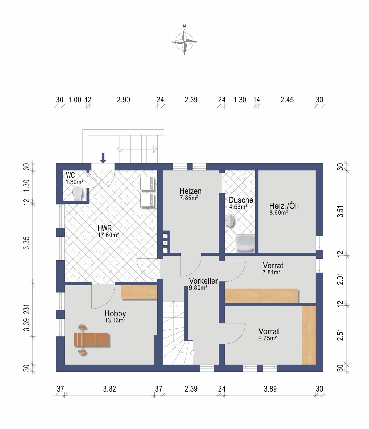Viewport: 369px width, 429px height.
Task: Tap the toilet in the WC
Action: (x=78, y=193)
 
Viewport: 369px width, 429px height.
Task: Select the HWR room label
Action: (x=105, y=228)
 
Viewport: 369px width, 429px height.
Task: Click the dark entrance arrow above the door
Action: (x=103, y=158)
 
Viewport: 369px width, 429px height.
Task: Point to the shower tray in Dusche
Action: (x=245, y=243)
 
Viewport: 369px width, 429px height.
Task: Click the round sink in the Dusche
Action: (x=230, y=221)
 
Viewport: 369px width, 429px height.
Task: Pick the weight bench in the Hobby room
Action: (x=91, y=339)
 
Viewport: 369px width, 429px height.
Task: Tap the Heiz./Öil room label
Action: (x=284, y=206)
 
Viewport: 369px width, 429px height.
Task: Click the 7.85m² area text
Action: (x=189, y=198)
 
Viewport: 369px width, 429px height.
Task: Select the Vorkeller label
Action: (x=203, y=281)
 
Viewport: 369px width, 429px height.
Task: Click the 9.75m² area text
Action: (x=268, y=338)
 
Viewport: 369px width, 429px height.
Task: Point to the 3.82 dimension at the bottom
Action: (x=110, y=389)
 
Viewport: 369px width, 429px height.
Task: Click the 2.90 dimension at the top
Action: (x=123, y=100)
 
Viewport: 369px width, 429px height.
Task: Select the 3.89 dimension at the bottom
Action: (x=270, y=389)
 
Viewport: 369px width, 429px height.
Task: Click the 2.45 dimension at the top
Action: (x=287, y=100)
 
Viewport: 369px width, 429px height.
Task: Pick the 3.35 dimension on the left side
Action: (x=26, y=243)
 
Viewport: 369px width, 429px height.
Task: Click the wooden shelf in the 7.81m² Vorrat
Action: (x=261, y=296)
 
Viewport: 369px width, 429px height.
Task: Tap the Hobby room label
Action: (x=115, y=313)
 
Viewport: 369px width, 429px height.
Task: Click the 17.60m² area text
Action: (x=108, y=235)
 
